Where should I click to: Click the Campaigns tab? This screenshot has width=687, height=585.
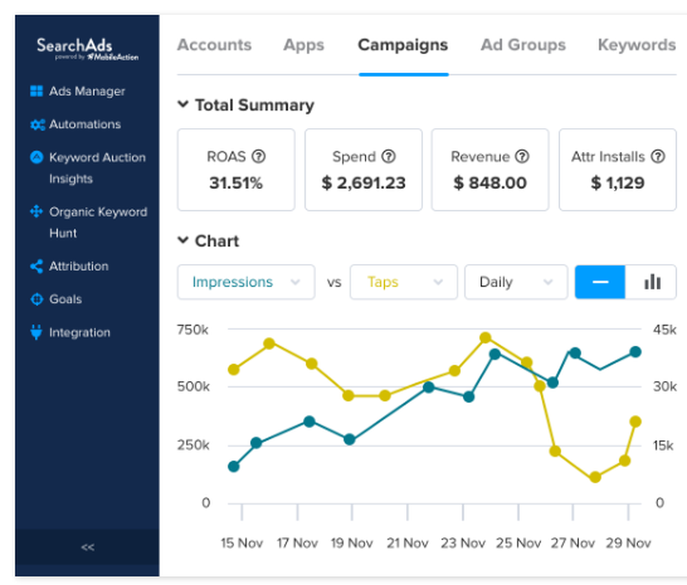(403, 45)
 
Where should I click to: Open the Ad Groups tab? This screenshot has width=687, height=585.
(523, 45)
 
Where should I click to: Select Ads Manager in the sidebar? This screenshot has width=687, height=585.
(87, 91)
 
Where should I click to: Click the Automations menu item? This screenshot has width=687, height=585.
(85, 124)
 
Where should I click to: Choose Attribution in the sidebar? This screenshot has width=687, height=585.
(78, 266)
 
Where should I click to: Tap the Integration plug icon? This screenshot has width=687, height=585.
(36, 333)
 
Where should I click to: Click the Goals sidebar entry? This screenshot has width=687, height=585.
(65, 299)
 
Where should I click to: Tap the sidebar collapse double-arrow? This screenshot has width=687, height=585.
(87, 547)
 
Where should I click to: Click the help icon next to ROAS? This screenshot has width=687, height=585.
(258, 157)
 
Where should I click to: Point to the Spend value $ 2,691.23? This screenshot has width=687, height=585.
(363, 183)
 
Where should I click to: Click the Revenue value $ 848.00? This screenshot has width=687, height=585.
(490, 183)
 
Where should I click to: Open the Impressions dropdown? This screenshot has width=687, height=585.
(246, 282)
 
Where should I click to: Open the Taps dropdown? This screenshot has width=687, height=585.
(403, 282)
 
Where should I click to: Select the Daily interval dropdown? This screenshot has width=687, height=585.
(516, 282)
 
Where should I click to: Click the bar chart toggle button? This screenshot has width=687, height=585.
(651, 282)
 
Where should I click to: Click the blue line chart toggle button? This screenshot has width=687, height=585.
(600, 282)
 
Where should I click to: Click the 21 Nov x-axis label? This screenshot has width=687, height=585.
(407, 543)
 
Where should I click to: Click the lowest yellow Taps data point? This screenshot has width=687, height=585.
(595, 477)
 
